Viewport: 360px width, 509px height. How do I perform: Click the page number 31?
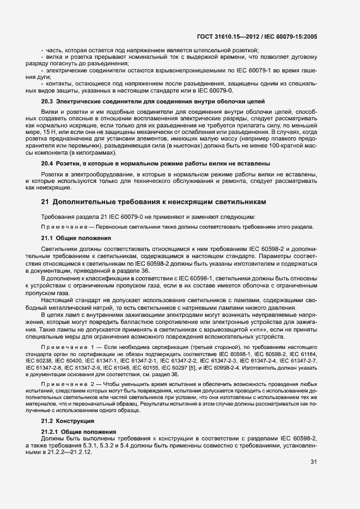(x=313, y=462)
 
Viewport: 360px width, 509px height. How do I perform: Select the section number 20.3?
(x=47, y=101)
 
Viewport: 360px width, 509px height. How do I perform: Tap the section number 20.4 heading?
(x=47, y=164)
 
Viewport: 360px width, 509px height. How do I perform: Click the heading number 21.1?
(x=47, y=238)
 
